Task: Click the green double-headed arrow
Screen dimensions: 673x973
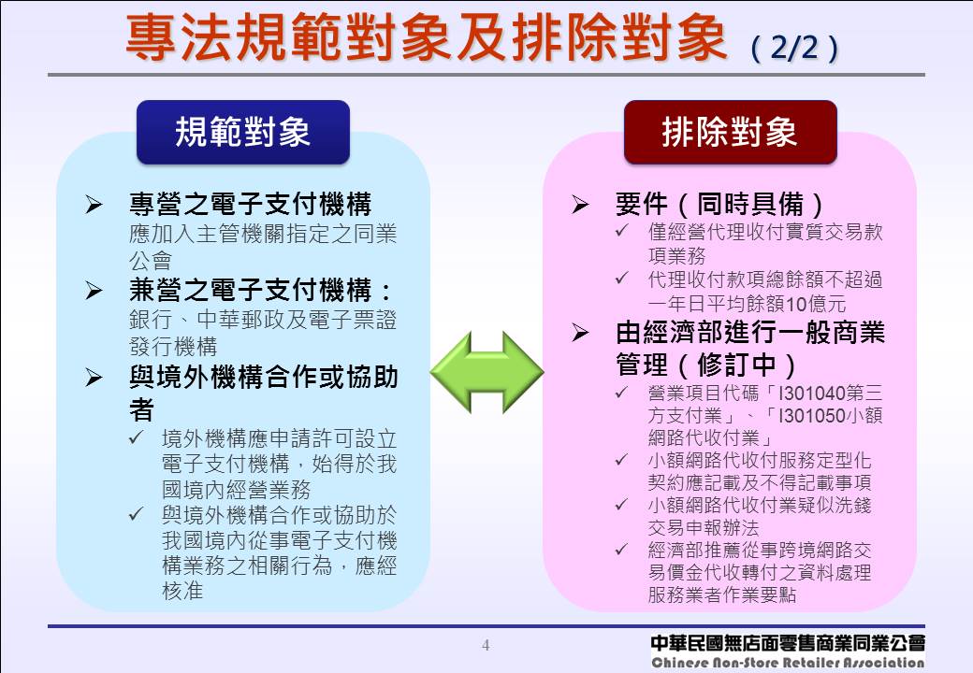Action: (x=486, y=371)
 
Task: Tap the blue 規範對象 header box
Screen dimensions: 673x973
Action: (x=243, y=133)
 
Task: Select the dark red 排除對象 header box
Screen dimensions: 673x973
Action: (x=730, y=133)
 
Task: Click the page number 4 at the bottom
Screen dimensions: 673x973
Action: (x=486, y=645)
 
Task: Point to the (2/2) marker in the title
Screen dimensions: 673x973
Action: (x=793, y=48)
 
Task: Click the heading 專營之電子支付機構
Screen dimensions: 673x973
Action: (x=250, y=204)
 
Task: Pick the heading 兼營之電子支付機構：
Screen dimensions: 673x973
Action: (x=262, y=290)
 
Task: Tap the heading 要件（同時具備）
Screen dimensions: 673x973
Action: (x=720, y=204)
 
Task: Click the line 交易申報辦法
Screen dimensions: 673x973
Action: (x=703, y=528)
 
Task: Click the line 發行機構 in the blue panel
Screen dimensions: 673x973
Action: (x=172, y=345)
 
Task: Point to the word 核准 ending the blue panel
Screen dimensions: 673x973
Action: (x=182, y=590)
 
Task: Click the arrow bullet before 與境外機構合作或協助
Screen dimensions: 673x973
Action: (x=94, y=378)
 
